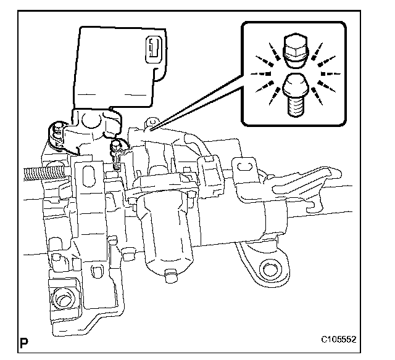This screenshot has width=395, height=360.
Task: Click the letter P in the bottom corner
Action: pyautogui.click(x=24, y=341)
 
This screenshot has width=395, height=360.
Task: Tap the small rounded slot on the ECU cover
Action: pyautogui.click(x=154, y=49)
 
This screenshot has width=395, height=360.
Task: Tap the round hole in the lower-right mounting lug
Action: pyautogui.click(x=270, y=270)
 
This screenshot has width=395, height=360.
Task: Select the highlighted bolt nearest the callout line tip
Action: pyautogui.click(x=115, y=148)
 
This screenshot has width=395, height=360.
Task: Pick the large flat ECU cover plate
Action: pyautogui.click(x=117, y=68)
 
